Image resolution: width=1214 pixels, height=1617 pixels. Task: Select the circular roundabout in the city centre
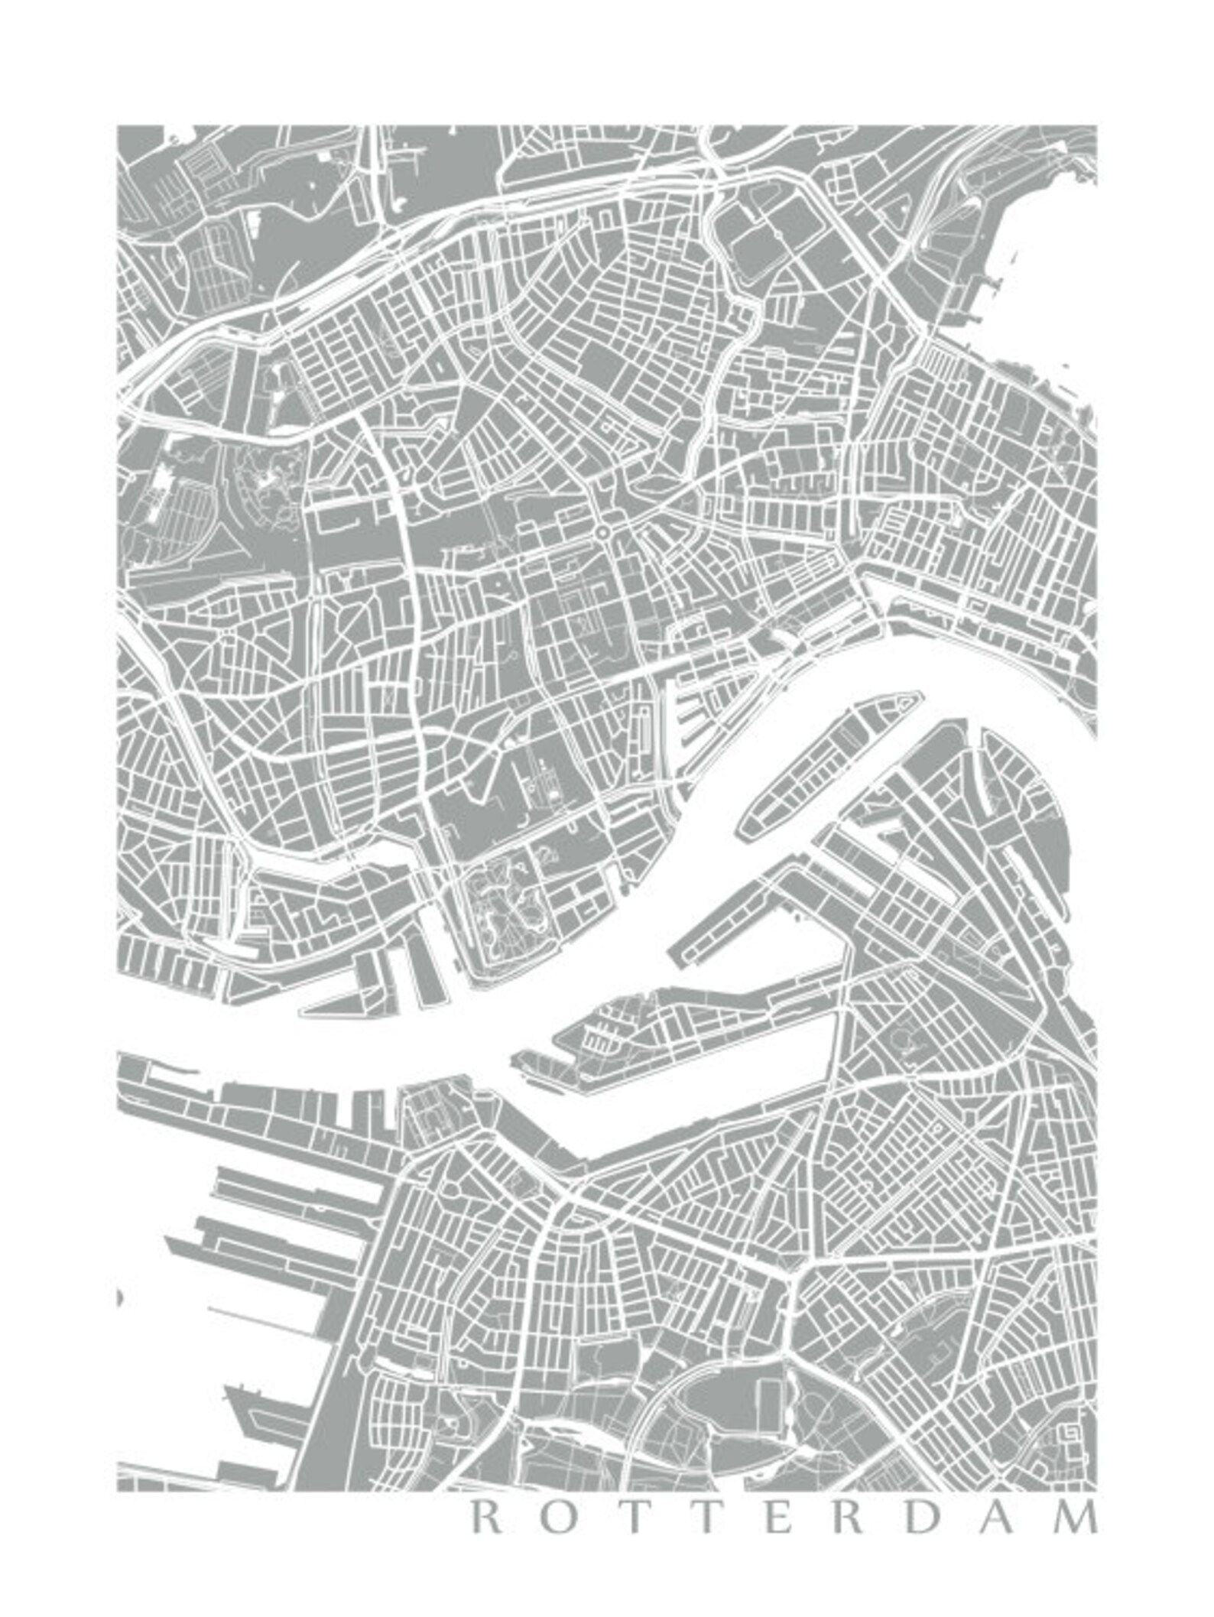(603, 531)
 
